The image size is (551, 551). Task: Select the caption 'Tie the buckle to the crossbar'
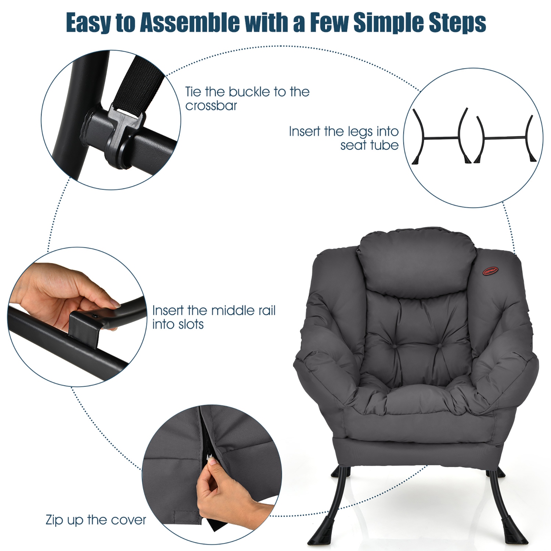[247, 98]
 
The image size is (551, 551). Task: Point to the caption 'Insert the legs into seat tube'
[343, 138]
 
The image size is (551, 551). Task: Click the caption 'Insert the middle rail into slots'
[213, 317]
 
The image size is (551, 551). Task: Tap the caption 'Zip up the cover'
[96, 520]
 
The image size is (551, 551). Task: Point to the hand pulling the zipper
[220, 489]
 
